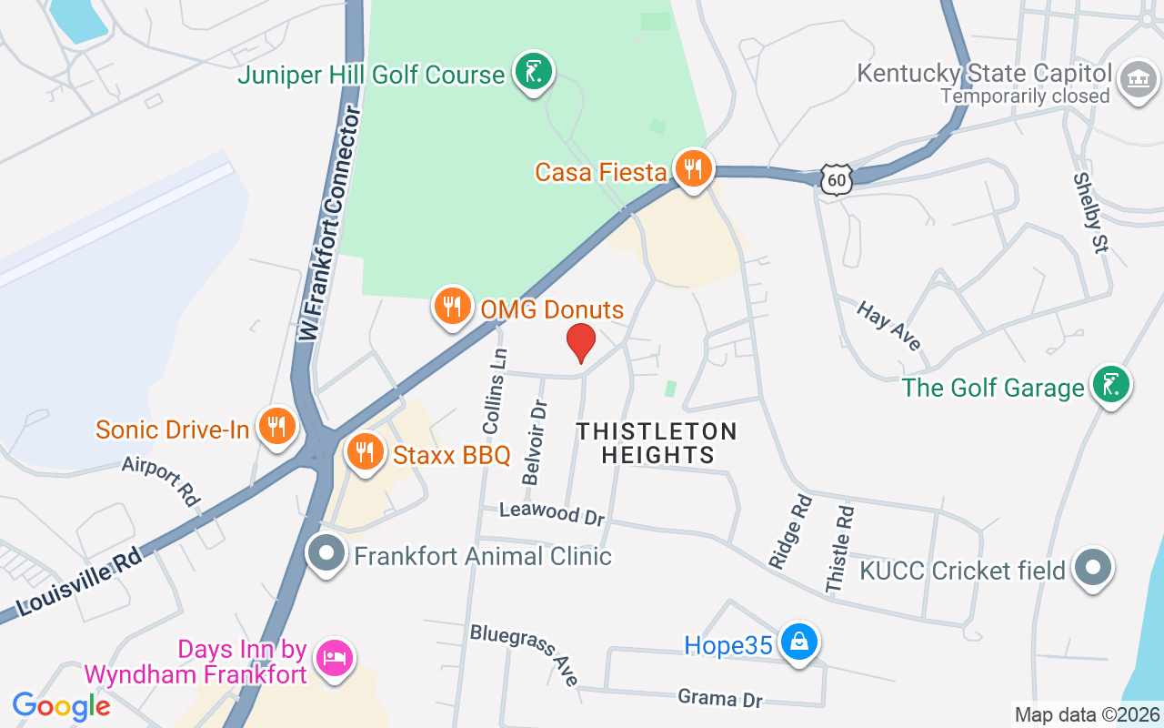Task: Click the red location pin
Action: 581,342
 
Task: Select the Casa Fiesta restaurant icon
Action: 694,169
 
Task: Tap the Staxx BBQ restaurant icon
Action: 365,450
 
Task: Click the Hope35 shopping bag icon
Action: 799,642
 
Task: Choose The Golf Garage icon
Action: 1110,386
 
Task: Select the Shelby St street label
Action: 1088,214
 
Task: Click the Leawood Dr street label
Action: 552,513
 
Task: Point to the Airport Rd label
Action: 161,481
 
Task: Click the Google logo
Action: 62,706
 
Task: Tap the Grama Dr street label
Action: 719,698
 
